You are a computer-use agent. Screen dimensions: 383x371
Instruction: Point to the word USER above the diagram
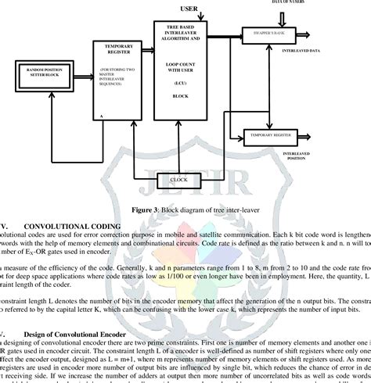tap(189, 9)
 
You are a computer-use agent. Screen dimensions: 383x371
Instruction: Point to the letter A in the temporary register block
tap(102, 115)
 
